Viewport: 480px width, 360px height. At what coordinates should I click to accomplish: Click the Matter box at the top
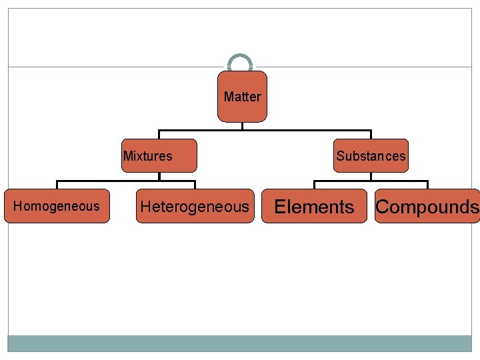[242, 97]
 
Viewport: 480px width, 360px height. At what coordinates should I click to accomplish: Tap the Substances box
[370, 156]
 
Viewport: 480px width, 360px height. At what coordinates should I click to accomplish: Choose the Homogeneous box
[57, 206]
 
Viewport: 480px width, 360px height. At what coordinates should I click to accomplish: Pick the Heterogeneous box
[194, 206]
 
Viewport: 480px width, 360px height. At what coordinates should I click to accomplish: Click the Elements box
[314, 206]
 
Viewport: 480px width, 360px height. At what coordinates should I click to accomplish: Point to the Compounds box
[427, 206]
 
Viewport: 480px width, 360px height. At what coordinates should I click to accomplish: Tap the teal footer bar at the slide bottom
[240, 343]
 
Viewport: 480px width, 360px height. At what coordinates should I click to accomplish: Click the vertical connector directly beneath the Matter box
[242, 126]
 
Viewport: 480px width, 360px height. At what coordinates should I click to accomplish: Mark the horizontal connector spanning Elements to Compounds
[371, 181]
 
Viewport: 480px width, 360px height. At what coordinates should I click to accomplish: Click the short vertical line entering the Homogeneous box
[57, 185]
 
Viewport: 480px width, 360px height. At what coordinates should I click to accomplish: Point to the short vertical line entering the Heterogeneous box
[194, 185]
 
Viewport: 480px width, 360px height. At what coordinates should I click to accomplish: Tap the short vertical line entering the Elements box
[315, 185]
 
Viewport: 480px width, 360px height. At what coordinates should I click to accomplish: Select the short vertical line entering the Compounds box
[427, 185]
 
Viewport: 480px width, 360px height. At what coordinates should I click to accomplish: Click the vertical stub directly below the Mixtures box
[159, 177]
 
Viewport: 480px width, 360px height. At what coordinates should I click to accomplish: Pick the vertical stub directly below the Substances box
[371, 177]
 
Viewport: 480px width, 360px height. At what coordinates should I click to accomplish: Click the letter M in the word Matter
[229, 97]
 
